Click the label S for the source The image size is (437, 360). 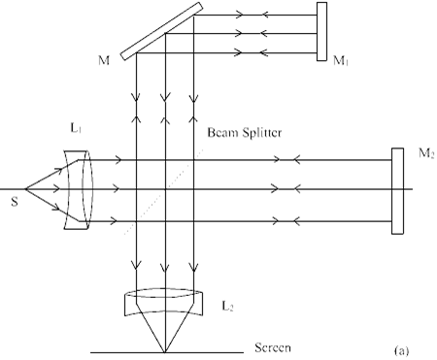tap(15, 202)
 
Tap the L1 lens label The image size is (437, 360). tap(76, 128)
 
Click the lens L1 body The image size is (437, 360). tap(79, 190)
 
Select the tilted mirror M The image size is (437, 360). tap(161, 31)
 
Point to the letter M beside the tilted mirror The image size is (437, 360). tap(104, 60)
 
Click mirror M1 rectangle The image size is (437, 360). tap(321, 31)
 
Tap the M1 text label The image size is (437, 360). tap(341, 60)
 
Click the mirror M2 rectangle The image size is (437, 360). tap(397, 191)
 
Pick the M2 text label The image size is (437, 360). tap(426, 152)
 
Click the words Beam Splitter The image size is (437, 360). tap(245, 133)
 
